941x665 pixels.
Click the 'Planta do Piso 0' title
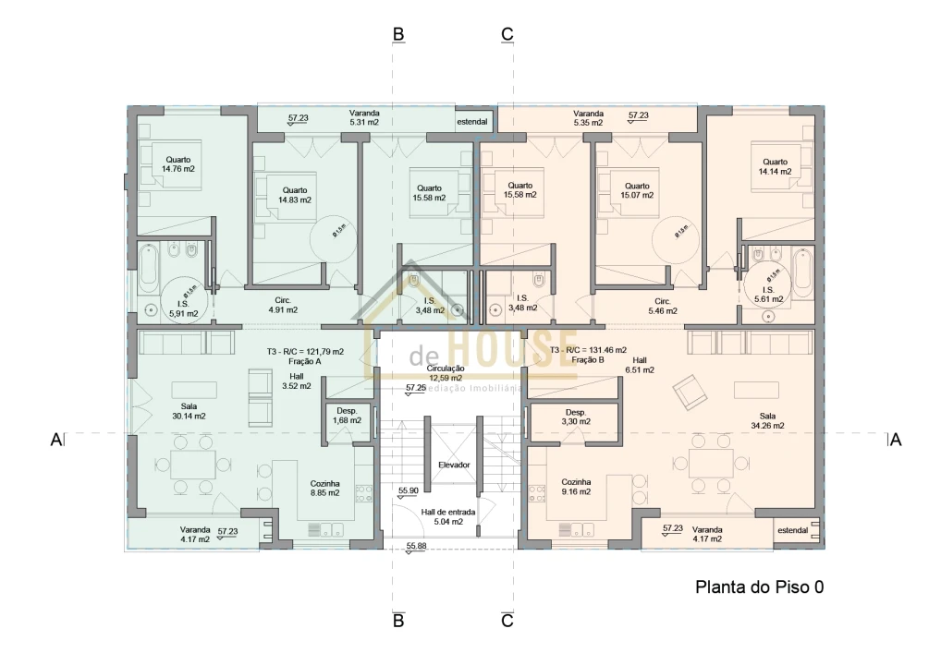[x=758, y=587]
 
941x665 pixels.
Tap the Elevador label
[x=454, y=465]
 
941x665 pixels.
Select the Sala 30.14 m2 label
[x=187, y=411]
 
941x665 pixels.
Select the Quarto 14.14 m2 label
[x=775, y=166]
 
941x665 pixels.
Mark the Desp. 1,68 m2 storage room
[x=347, y=416]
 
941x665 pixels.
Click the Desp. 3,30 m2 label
[x=575, y=417]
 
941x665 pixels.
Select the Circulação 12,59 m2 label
[x=446, y=372]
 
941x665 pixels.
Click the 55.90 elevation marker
[x=409, y=491]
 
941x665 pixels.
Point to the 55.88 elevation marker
[x=417, y=546]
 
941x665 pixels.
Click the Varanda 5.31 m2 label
[x=364, y=117]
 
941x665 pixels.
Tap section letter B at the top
[x=398, y=34]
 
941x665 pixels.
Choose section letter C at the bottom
[x=507, y=621]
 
